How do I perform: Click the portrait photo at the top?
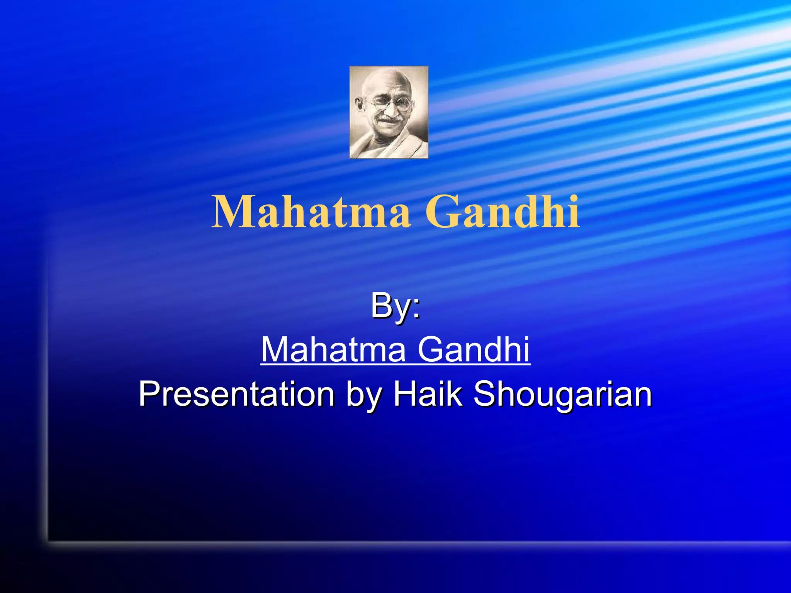click(x=389, y=112)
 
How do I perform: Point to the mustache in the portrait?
click(x=388, y=119)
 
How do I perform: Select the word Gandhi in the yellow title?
click(x=502, y=212)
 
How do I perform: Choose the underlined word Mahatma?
click(x=333, y=349)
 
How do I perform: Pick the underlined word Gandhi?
click(x=474, y=349)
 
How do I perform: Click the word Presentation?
click(x=236, y=394)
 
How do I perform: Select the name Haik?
click(x=427, y=394)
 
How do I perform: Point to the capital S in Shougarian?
click(x=484, y=394)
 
